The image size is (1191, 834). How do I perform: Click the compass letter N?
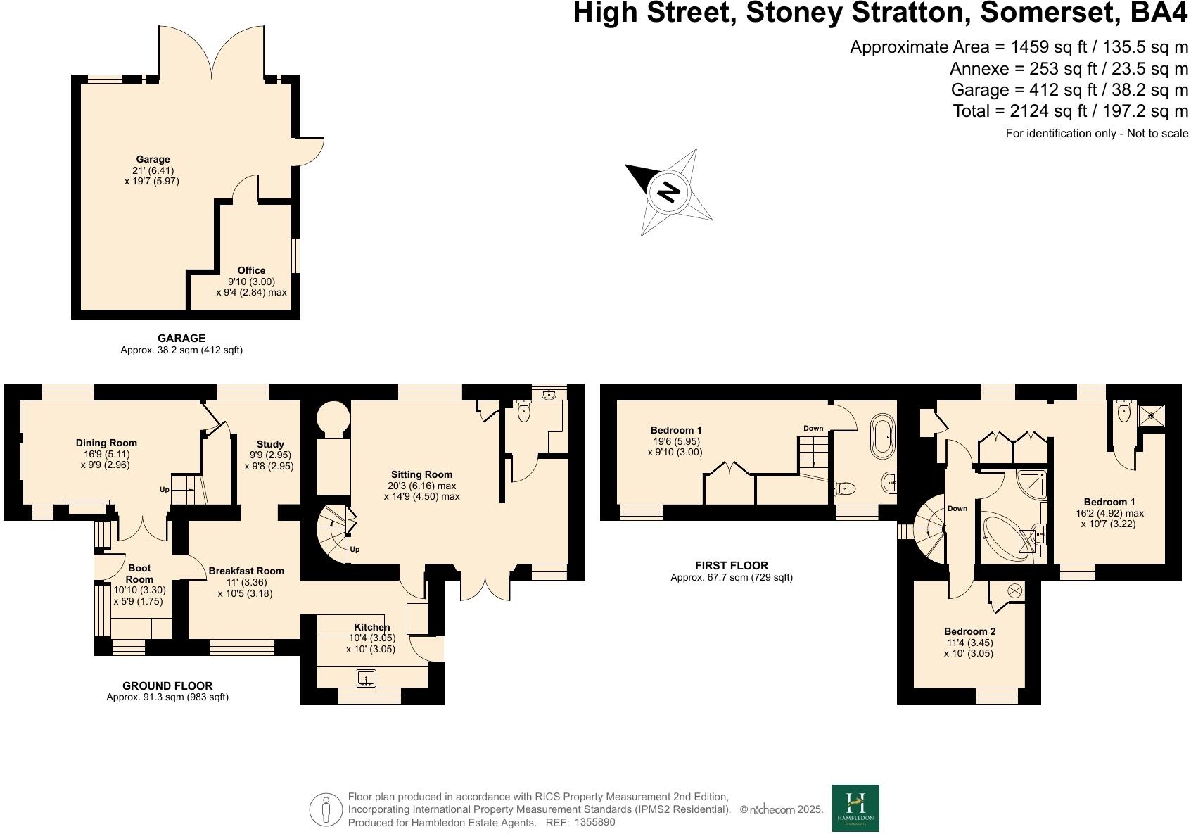click(669, 191)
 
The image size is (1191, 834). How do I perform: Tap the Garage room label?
click(153, 159)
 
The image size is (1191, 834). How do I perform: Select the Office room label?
click(251, 270)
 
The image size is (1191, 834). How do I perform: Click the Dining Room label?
click(106, 443)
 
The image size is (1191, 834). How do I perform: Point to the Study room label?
click(270, 444)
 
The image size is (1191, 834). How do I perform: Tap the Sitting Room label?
click(421, 474)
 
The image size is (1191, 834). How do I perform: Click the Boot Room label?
click(139, 574)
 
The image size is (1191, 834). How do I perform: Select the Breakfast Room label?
click(246, 571)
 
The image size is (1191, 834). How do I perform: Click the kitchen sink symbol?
click(366, 678)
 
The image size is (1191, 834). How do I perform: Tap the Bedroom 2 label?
click(969, 631)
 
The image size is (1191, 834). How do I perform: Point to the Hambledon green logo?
click(855, 808)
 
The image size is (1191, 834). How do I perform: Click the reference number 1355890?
click(594, 821)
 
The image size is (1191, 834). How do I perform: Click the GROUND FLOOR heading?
click(167, 685)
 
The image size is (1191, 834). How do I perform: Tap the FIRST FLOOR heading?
click(732, 565)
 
